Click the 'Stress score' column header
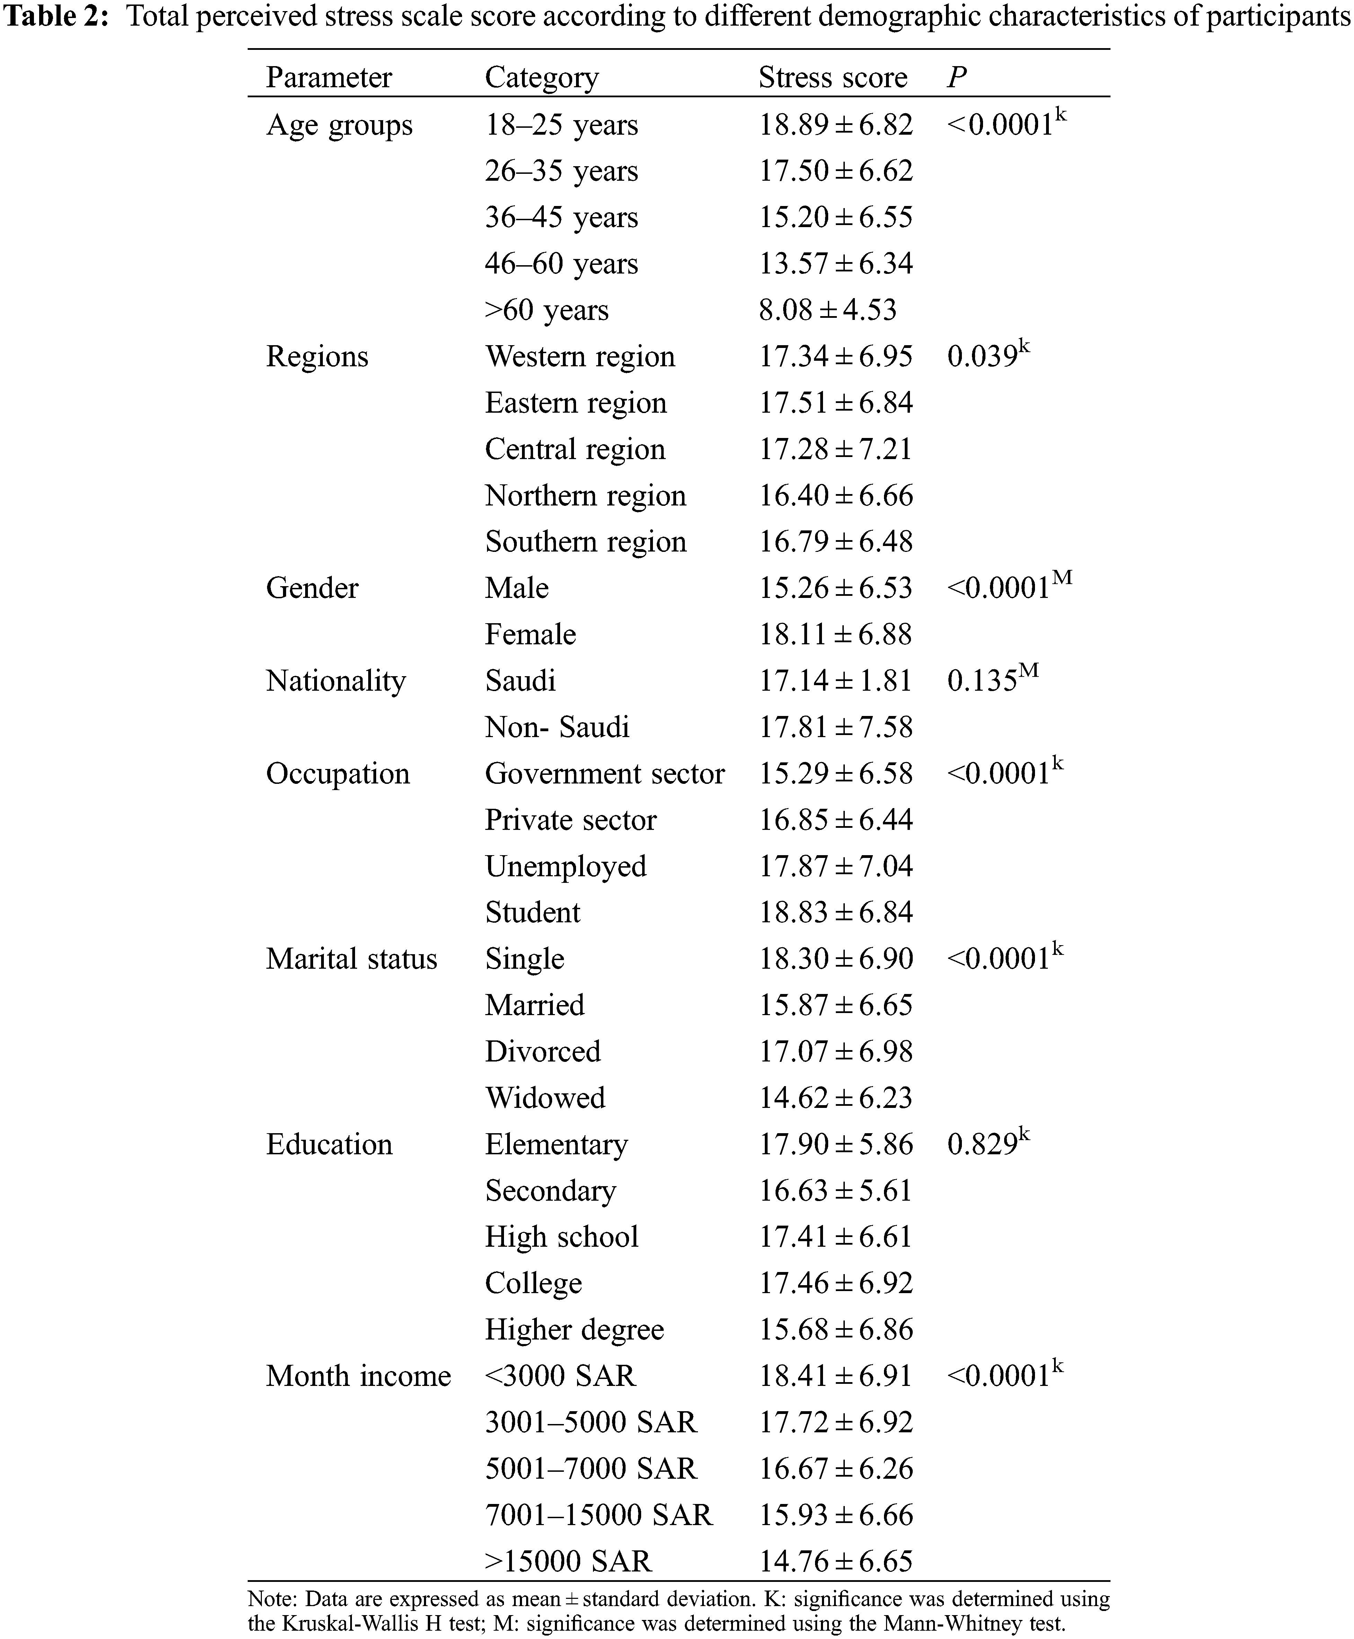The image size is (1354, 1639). point(833,77)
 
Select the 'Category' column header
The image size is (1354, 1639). point(542,77)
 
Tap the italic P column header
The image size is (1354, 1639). point(957,77)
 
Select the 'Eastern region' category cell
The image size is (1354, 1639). point(576,402)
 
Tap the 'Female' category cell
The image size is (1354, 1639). point(530,634)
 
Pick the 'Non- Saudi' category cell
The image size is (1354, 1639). point(557,727)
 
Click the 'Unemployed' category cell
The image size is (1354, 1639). point(566,866)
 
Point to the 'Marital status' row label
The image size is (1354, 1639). point(352,958)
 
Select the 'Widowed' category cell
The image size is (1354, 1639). point(545,1097)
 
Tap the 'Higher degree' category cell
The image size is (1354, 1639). point(574,1329)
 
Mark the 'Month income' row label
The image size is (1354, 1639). point(358,1376)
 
